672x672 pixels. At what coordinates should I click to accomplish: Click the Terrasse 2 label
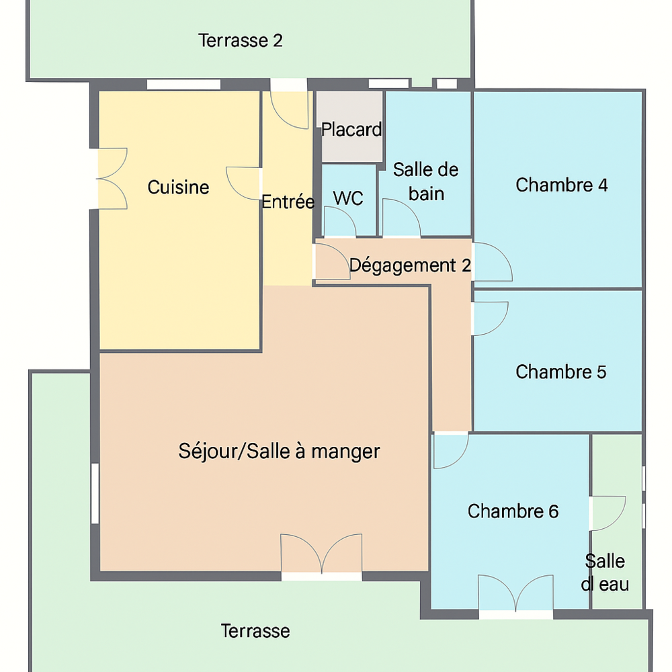click(x=241, y=41)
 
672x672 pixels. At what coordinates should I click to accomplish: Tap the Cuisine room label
click(x=178, y=187)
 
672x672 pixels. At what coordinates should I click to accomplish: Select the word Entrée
click(x=288, y=202)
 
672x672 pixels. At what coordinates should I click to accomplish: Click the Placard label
click(x=351, y=130)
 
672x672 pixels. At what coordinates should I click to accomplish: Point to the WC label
click(x=348, y=198)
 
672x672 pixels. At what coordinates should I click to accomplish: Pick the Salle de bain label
click(x=425, y=181)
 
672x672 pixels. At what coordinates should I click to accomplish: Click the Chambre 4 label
click(x=561, y=185)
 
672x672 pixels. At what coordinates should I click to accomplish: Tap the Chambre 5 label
click(x=561, y=372)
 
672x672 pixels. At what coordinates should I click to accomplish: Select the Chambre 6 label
click(x=513, y=511)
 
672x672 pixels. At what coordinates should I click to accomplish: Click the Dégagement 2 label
click(x=410, y=265)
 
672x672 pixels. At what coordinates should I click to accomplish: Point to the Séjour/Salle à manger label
click(x=279, y=452)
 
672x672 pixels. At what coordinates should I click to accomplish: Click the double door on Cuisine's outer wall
click(x=112, y=179)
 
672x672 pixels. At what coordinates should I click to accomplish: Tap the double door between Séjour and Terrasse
click(x=321, y=554)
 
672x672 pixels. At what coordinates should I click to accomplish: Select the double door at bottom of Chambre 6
click(x=515, y=593)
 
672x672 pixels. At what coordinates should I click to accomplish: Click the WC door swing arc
click(x=340, y=221)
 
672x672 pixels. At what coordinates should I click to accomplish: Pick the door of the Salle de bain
click(x=402, y=217)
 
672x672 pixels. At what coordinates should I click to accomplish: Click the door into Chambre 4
click(x=493, y=262)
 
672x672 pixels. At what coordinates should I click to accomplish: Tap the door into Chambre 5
click(x=491, y=319)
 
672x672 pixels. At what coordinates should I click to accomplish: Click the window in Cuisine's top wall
click(x=184, y=85)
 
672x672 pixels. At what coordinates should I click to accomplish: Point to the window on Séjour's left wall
click(x=95, y=493)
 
